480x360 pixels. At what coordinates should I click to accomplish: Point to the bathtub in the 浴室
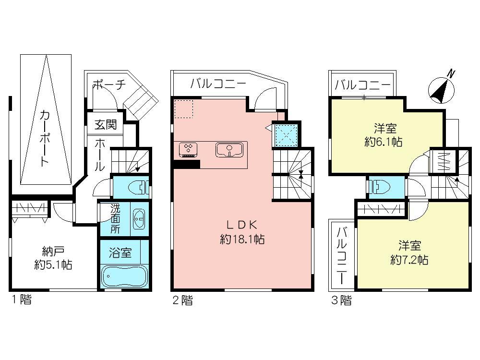click(x=124, y=277)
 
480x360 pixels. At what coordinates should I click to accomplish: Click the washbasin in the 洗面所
click(x=138, y=219)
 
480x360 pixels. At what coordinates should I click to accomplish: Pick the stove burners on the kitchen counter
click(x=187, y=149)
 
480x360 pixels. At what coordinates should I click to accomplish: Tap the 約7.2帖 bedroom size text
click(x=409, y=260)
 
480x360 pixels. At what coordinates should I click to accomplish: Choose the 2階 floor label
click(x=183, y=300)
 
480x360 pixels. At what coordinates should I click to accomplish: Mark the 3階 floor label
click(x=341, y=300)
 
